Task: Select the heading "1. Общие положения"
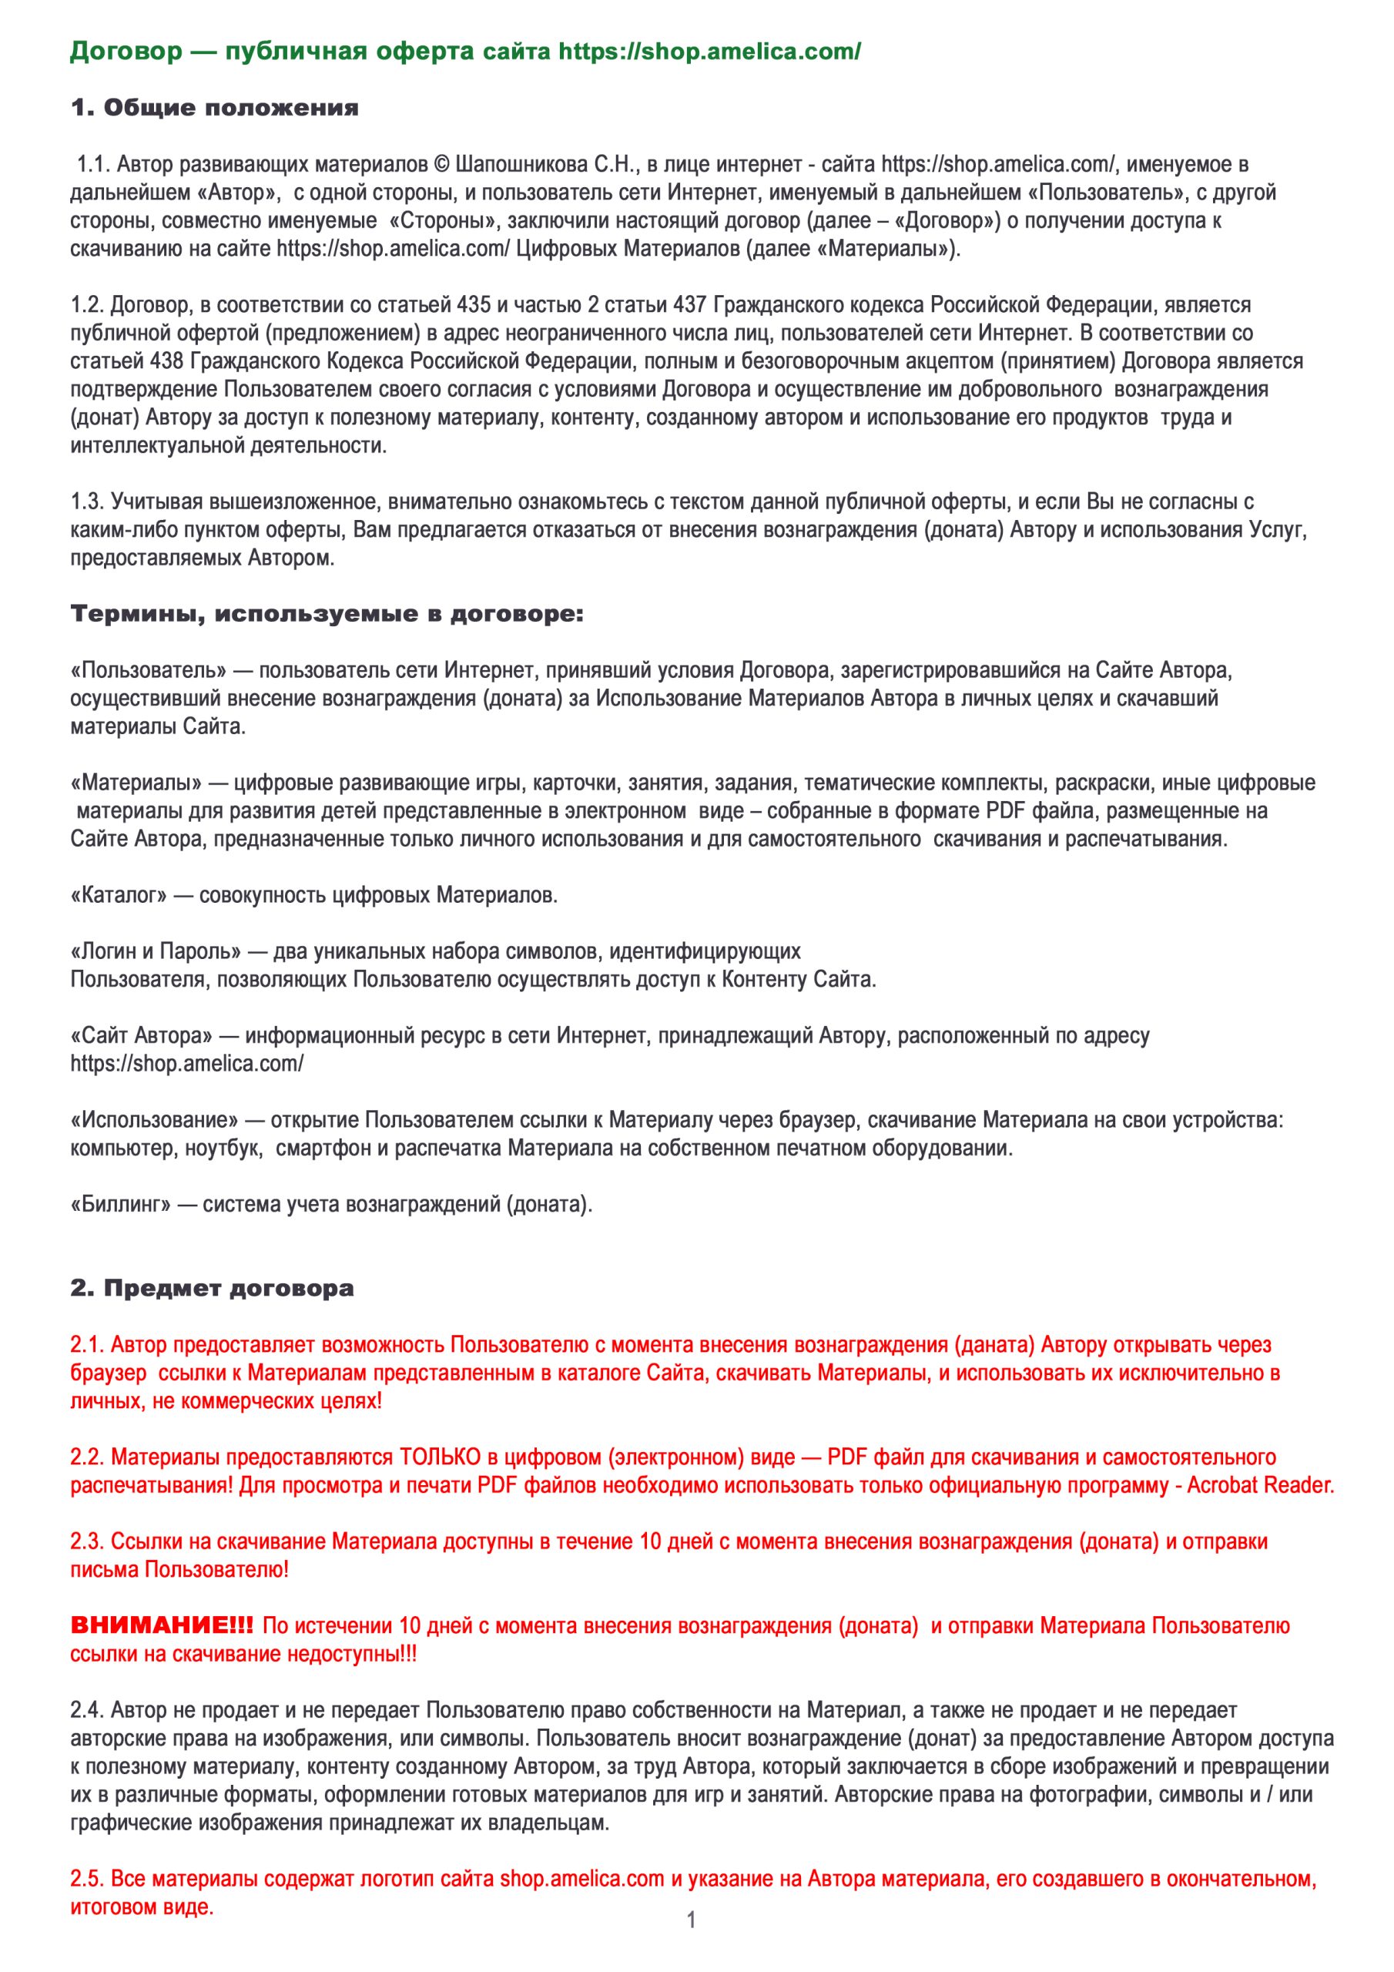tap(214, 108)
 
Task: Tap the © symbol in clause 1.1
tap(441, 164)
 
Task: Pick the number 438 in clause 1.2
tap(166, 361)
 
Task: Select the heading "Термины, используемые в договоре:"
tap(327, 615)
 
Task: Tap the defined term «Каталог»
tap(119, 896)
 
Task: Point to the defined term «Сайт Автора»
tap(142, 1036)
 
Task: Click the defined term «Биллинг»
tap(120, 1204)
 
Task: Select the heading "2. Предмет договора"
tap(211, 1288)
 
